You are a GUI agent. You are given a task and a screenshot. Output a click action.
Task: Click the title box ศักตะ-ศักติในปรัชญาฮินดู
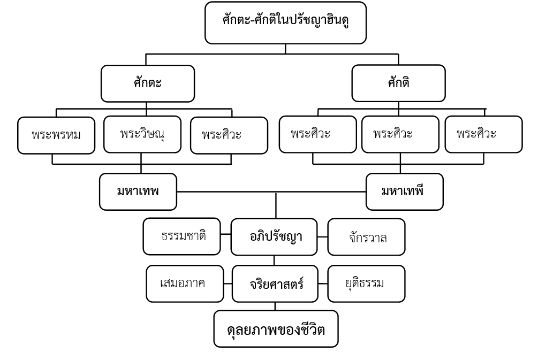(x=285, y=22)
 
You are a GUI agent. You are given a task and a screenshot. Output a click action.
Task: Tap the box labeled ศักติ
(x=398, y=83)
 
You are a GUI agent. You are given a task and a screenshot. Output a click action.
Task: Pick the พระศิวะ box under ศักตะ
(x=228, y=135)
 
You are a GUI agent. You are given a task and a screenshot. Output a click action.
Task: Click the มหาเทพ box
(x=138, y=192)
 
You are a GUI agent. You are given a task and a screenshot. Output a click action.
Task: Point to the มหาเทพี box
(x=404, y=192)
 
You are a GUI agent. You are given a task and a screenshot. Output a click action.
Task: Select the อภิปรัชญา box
(x=275, y=236)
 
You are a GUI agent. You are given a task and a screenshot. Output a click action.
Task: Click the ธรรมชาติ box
(x=182, y=236)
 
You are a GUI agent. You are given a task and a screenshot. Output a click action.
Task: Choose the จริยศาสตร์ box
(x=275, y=284)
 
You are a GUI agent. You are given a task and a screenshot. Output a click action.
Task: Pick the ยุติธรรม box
(x=366, y=284)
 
